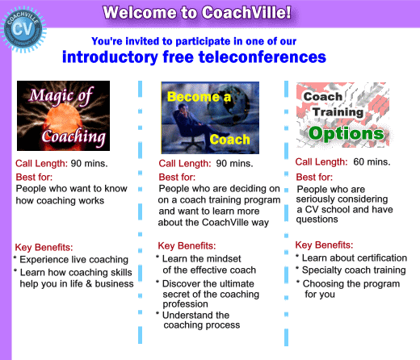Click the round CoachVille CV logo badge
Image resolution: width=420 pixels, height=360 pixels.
pyautogui.click(x=23, y=29)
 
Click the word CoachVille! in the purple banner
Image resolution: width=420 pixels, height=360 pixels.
pyautogui.click(x=246, y=12)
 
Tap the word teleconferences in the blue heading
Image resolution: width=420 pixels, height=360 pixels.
pyautogui.click(x=262, y=57)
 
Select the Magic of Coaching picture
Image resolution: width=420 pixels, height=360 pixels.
pyautogui.click(x=63, y=115)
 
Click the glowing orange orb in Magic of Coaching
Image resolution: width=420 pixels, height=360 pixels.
pyautogui.click(x=64, y=119)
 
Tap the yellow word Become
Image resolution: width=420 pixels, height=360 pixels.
pyautogui.click(x=194, y=97)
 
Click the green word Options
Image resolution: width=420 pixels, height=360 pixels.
pyautogui.click(x=346, y=134)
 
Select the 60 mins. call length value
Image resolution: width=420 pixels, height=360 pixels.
pyautogui.click(x=372, y=161)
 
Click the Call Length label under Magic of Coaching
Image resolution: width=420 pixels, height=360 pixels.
pyautogui.click(x=41, y=163)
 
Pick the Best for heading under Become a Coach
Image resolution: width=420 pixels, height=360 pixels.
pyautogui.click(x=177, y=177)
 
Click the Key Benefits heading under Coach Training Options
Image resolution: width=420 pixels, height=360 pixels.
pyautogui.click(x=324, y=245)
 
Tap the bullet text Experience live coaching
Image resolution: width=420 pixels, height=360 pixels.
pyautogui.click(x=73, y=260)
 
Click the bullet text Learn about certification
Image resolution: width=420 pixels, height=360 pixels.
pyautogui.click(x=355, y=257)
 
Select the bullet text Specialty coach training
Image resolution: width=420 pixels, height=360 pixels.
pyautogui.click(x=354, y=270)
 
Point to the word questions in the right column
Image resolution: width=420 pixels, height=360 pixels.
pyautogui.click(x=317, y=220)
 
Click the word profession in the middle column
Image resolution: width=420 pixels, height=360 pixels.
pyautogui.click(x=185, y=304)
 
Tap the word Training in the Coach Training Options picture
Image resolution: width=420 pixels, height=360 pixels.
pyautogui.click(x=338, y=112)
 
